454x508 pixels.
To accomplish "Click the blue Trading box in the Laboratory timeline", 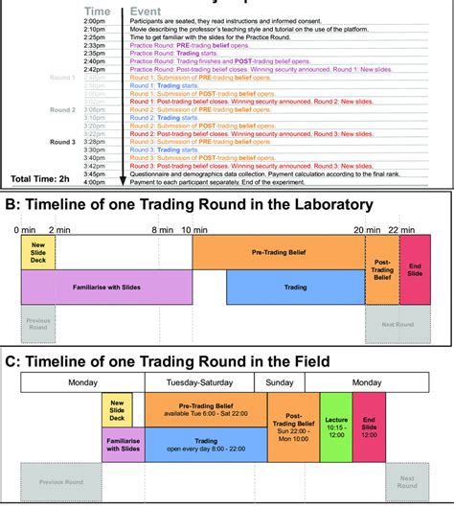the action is [295, 287].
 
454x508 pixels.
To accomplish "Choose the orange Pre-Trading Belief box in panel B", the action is [278, 252].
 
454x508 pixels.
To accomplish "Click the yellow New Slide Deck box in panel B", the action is [38, 252].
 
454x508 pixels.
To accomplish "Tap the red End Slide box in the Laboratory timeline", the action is [416, 269].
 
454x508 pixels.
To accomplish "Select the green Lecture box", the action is [335, 427].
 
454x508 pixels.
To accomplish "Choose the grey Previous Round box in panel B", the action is [38, 324].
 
